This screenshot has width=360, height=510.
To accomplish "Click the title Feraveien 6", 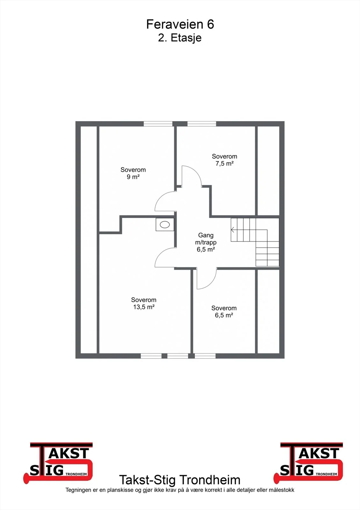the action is coord(180,24).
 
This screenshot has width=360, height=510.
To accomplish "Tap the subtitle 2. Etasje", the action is coord(180,38).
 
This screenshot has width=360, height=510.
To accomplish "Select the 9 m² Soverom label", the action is coord(133,173).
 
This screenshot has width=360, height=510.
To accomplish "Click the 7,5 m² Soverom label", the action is coord(224,160).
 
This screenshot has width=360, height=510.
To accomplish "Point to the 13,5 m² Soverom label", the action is coord(144,303).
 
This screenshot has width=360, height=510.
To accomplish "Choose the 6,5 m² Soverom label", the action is coord(224,311).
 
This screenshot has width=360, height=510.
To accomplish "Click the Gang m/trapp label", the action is coord(206,242).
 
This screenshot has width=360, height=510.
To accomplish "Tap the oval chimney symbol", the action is coord(165,225).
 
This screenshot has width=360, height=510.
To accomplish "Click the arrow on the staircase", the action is coord(233,230).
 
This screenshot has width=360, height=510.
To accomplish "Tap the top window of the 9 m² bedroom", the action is coord(158,124).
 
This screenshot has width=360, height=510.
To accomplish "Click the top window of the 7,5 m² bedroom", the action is coord(202,124).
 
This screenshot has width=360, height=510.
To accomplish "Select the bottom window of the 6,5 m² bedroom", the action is coord(205,356).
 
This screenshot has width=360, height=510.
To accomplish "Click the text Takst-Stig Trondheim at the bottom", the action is coord(180,480).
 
